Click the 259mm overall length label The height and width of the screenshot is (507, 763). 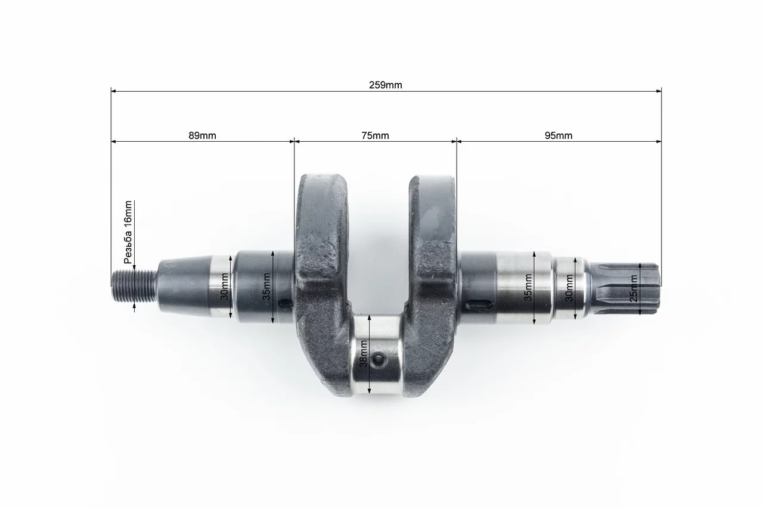point(385,85)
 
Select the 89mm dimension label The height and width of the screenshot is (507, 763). point(202,135)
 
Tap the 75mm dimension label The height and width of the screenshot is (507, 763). point(375,135)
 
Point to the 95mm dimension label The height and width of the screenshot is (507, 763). point(559,135)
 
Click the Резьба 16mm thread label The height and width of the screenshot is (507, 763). point(128,232)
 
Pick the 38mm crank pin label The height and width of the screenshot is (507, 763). point(364,353)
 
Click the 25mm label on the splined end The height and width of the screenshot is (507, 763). point(633,288)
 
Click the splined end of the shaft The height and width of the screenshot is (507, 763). point(625,288)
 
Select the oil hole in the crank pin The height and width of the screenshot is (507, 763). point(378,360)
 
